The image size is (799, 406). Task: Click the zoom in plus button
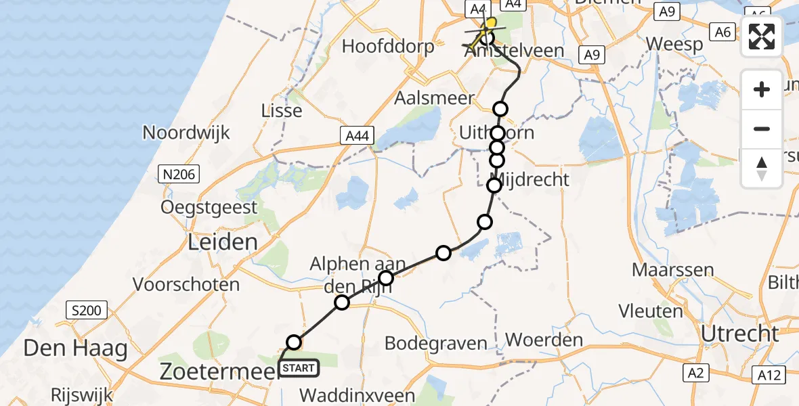pos(762,90)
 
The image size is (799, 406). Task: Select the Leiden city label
pos(223,242)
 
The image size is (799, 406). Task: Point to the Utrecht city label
pos(739,333)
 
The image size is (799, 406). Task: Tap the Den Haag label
pos(75,348)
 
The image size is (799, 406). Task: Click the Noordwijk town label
pos(186,132)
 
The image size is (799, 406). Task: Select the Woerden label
pos(544,339)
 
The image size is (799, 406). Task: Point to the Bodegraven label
pos(435,343)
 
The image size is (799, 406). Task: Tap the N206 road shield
pos(179,175)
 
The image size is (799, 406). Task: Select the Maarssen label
pos(672,269)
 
